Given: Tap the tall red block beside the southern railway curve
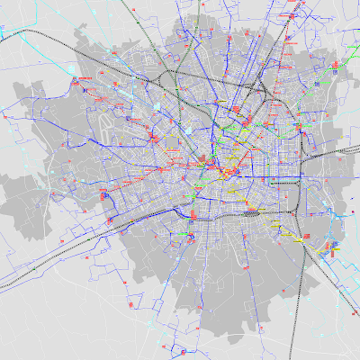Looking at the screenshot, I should click(x=194, y=214).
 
